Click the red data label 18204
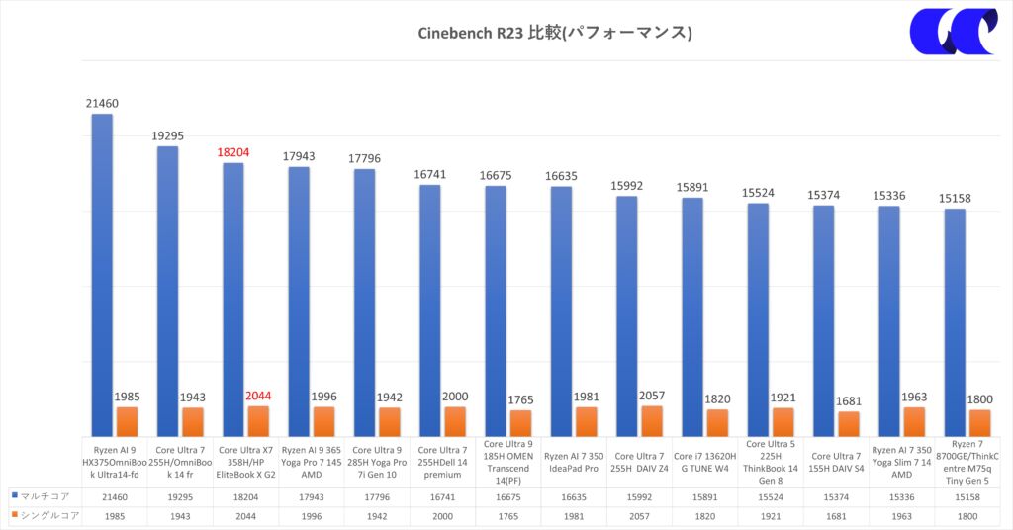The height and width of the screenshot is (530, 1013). [x=232, y=153]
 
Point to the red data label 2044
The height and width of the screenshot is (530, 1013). [x=258, y=396]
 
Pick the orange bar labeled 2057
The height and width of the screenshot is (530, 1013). [x=652, y=420]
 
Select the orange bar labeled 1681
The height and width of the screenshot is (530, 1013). [x=849, y=423]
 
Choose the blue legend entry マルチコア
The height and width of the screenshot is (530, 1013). [x=40, y=495]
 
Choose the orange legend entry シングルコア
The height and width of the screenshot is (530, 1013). [x=42, y=516]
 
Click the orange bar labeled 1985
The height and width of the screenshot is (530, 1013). [x=127, y=421]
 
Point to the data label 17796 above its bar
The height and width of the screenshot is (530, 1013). [x=365, y=159]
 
